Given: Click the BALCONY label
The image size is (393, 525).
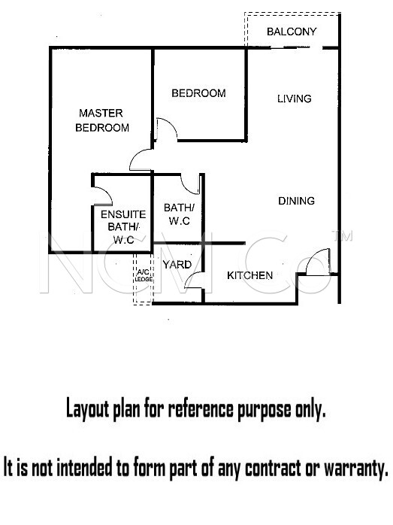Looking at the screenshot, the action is pos(292,32).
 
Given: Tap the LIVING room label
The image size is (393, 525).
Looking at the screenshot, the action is pos(295,99).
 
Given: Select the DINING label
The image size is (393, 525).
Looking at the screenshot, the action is pos(296,201).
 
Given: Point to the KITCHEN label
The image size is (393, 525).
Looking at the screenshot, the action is pos(249,275).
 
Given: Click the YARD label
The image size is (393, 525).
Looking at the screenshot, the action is pos(177,265).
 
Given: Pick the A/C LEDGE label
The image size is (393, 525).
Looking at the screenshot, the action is pos(144,275).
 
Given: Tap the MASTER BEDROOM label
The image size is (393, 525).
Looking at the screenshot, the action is pos(102,120).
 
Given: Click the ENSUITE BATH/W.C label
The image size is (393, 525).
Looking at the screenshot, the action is pos(123,226).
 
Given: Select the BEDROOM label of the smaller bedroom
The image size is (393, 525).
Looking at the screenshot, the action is pos(198,93).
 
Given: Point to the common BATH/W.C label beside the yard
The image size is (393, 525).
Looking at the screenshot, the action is pos(179,214).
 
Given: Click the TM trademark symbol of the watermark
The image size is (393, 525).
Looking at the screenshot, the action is pos(342,235).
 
